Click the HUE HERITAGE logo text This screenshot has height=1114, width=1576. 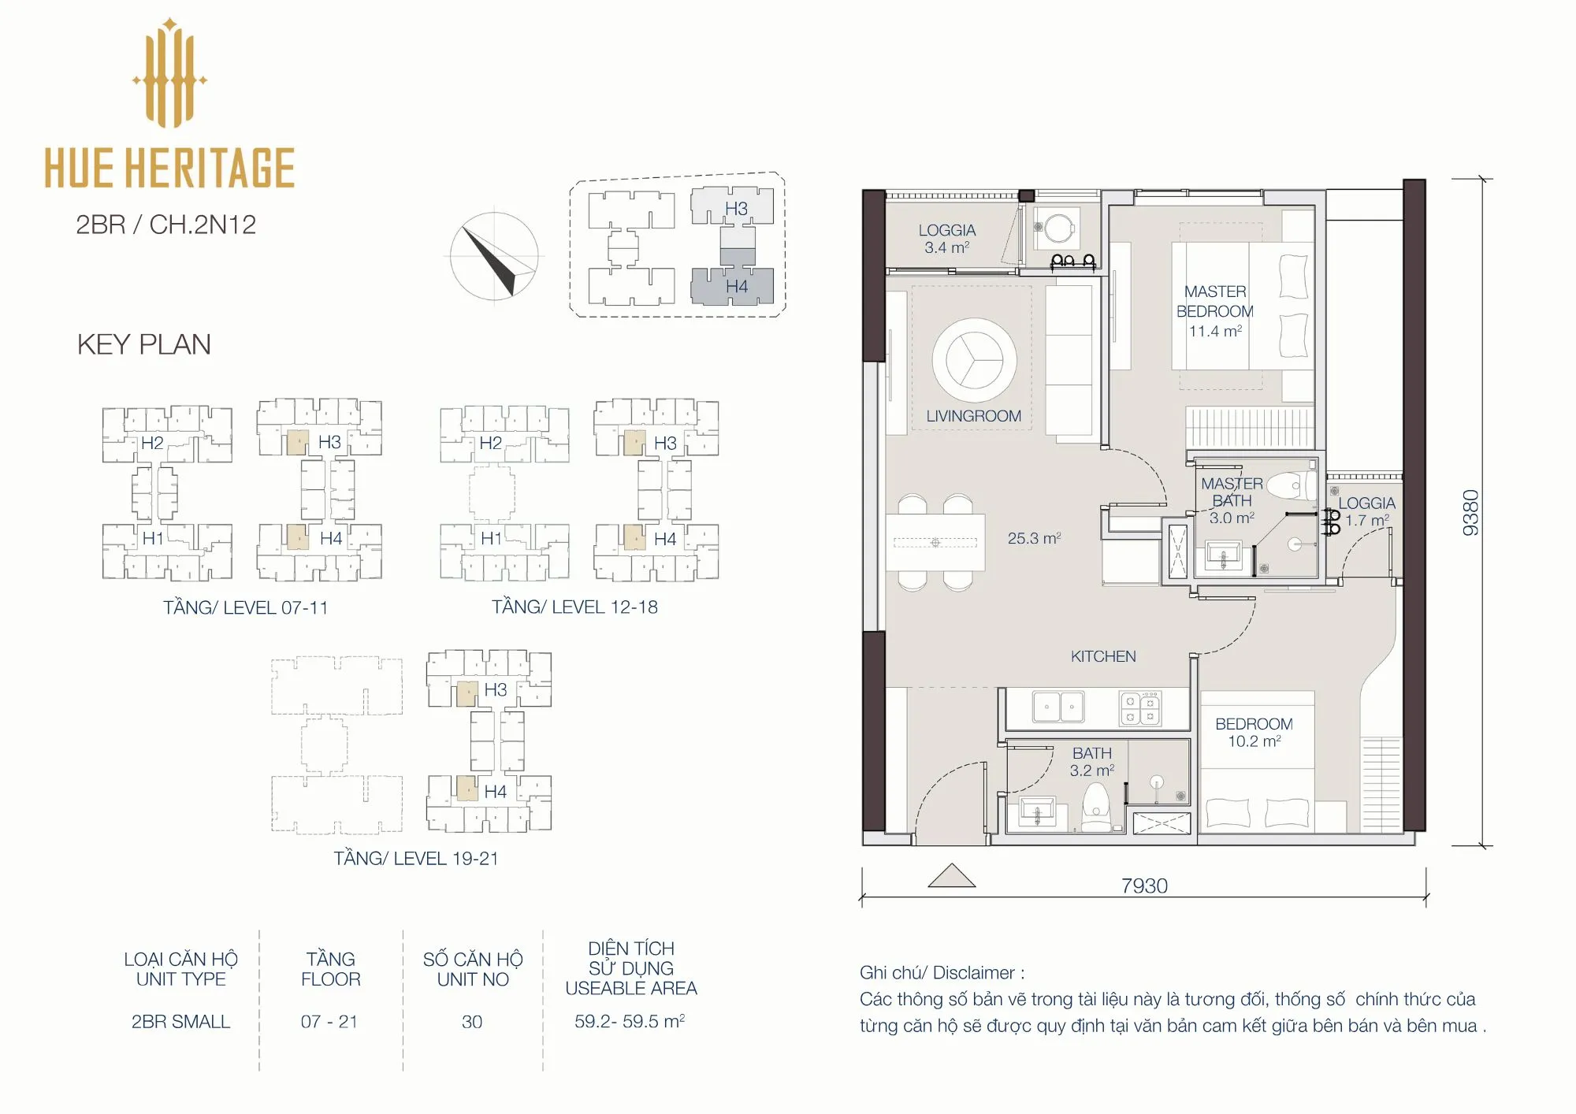(169, 167)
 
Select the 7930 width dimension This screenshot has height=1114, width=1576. (1144, 886)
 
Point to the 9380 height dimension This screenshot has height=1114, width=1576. (1470, 513)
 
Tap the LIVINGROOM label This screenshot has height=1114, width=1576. (973, 416)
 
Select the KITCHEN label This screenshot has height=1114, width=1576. (1103, 656)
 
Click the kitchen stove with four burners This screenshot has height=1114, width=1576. (1140, 707)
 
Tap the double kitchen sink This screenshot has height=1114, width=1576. (1058, 707)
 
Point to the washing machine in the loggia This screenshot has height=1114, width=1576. (1056, 228)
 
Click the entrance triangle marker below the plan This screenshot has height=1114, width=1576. (952, 875)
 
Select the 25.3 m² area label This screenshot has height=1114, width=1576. (1034, 538)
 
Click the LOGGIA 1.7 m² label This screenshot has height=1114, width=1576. (1366, 511)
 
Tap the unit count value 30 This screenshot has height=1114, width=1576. (472, 1022)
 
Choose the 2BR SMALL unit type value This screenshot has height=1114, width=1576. (180, 1022)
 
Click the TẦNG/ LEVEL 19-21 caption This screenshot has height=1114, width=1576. (415, 858)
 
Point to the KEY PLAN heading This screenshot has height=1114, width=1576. (143, 344)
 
